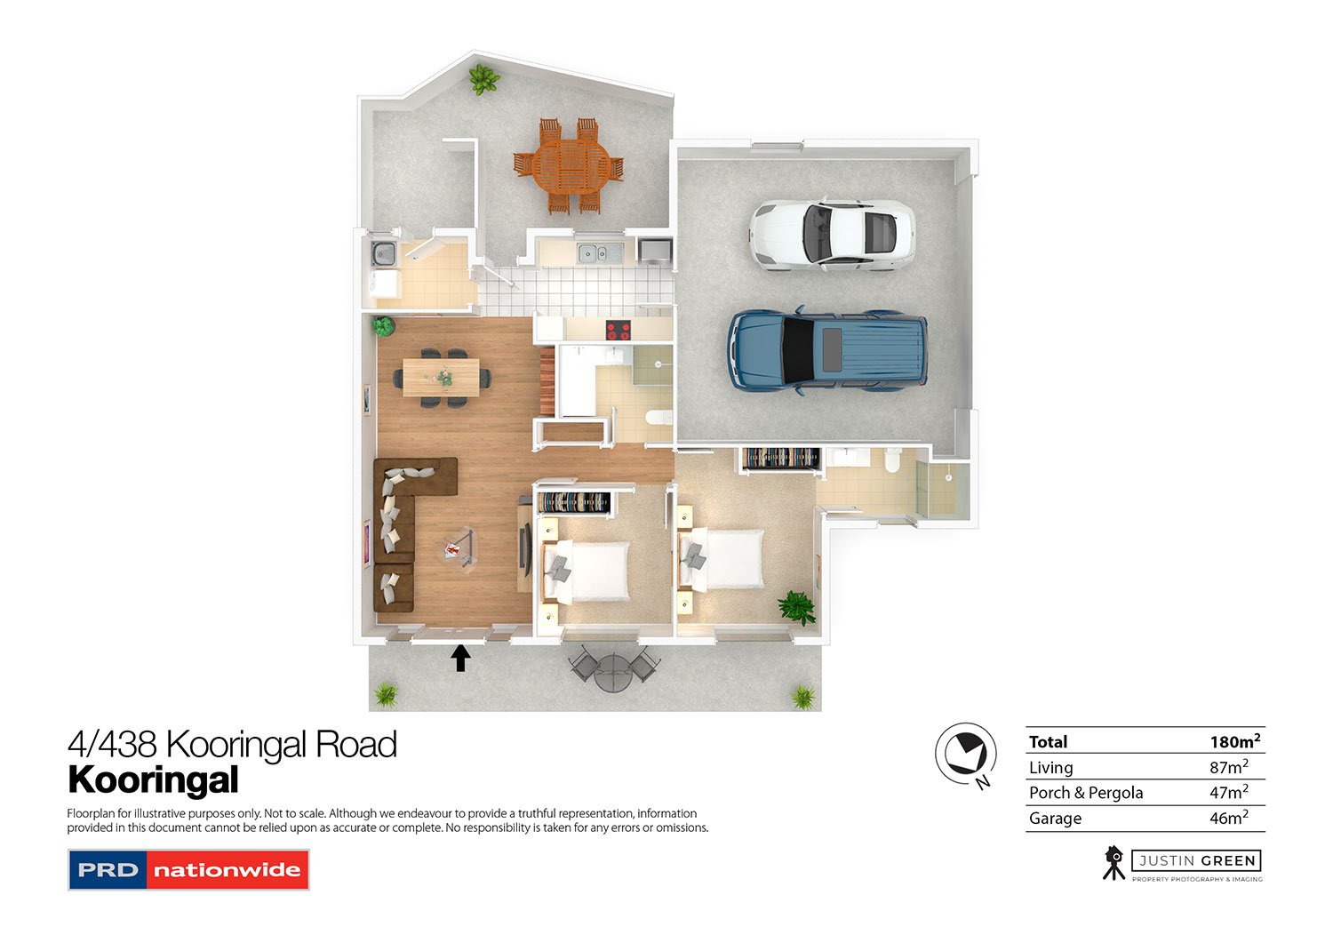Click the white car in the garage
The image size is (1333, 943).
(x=832, y=233)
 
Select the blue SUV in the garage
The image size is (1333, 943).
(x=827, y=350)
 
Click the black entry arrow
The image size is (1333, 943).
(x=460, y=658)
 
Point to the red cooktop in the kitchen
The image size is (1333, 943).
(x=618, y=331)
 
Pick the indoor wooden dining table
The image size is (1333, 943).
(x=441, y=377)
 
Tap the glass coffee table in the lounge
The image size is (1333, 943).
(x=458, y=545)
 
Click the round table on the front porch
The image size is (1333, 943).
(x=613, y=671)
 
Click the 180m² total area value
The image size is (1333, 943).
(x=1234, y=741)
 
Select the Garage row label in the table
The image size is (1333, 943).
(x=1055, y=819)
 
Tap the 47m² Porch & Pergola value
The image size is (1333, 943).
(x=1228, y=793)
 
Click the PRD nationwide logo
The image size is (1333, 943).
(x=188, y=870)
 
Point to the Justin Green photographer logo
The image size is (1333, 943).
(x=1182, y=863)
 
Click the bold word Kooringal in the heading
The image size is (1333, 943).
(x=154, y=780)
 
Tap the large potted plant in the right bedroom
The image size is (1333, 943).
(x=796, y=608)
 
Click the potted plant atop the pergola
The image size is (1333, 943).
(x=483, y=79)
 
